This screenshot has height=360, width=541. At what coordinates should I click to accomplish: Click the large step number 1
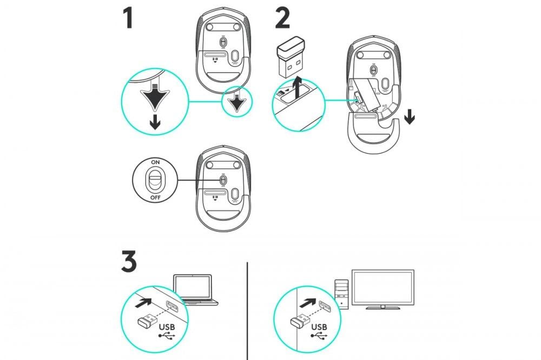128,18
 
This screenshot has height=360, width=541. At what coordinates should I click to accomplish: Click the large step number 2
282,18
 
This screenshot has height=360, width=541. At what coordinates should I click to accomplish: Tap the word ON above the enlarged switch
155,162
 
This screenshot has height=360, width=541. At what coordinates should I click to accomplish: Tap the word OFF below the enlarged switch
155,198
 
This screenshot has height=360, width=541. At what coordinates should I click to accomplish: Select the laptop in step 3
193,290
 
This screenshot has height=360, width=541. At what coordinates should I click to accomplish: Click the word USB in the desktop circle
319,326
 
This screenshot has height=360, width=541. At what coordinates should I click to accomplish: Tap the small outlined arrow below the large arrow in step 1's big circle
155,123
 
